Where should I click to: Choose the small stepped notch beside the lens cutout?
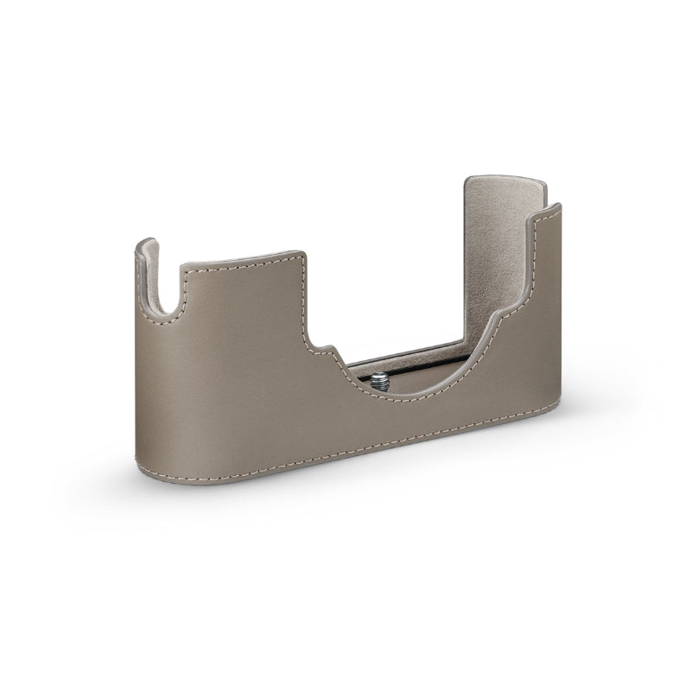coord(328,352)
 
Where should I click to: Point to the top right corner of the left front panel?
coord(301,257)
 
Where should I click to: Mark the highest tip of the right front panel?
coord(556,207)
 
